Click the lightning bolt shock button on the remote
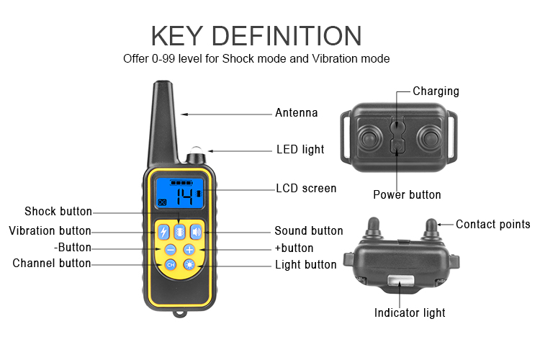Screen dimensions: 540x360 coord(163,232)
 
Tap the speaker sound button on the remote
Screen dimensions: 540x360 coord(196,232)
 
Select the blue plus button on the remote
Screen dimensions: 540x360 coord(189,249)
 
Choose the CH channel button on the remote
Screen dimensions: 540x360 coord(171,264)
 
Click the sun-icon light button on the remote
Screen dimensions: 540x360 coord(189,264)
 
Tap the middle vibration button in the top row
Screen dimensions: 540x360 coord(179,232)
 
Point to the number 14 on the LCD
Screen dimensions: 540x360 coord(185,197)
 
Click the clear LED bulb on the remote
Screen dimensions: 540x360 coord(196,150)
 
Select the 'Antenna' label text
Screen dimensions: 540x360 coord(296,112)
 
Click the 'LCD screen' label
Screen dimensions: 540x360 coord(306,188)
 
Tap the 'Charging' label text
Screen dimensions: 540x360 coord(436,91)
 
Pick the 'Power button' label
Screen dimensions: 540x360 coord(407,194)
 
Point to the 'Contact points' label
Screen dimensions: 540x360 coord(492,224)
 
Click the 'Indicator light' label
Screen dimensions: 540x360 coord(410,312)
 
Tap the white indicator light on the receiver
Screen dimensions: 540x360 coord(400,280)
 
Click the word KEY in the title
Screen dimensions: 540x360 coord(177,35)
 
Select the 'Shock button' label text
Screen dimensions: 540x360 coord(58,211)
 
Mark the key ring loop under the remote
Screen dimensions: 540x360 coord(180,314)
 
